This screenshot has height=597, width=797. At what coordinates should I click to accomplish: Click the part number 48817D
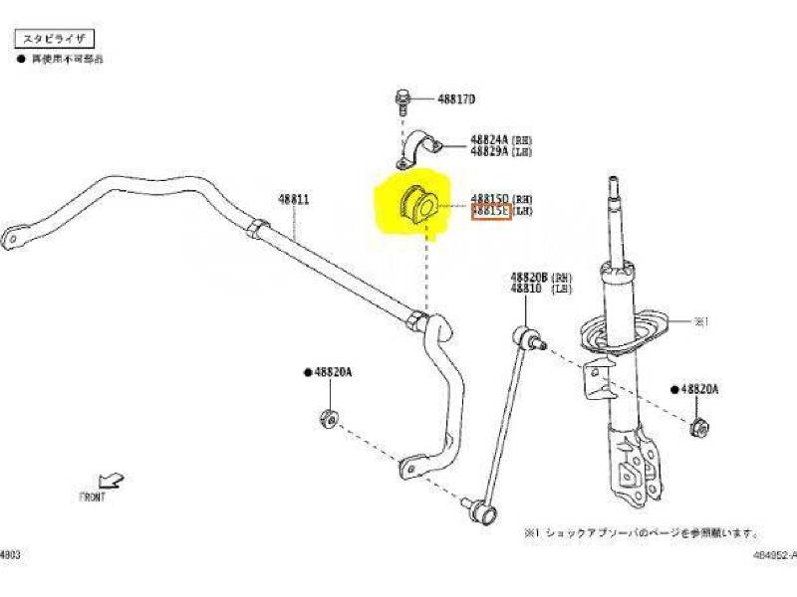[x=456, y=99]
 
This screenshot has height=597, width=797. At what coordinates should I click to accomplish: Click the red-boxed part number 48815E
[x=491, y=211]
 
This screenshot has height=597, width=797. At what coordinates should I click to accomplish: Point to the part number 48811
[x=294, y=199]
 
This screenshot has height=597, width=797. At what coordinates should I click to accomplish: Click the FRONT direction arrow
[x=113, y=481]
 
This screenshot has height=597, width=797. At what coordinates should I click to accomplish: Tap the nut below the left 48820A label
[x=329, y=418]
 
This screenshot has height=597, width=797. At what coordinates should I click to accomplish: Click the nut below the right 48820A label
[x=700, y=428]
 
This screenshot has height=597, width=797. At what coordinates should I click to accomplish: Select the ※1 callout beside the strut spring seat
[x=700, y=321]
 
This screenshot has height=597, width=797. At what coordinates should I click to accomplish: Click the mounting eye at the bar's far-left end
[x=12, y=239]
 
